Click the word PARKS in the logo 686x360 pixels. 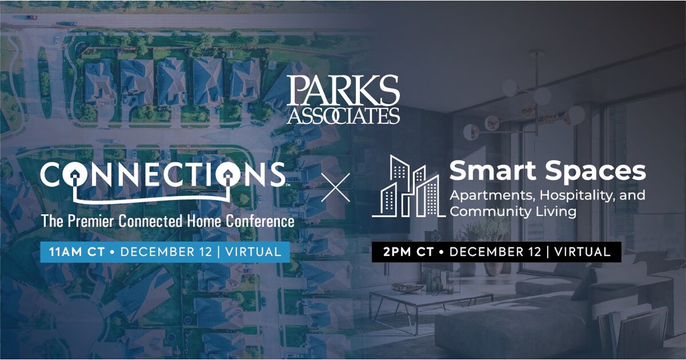[343, 90]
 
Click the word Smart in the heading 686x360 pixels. [486, 171]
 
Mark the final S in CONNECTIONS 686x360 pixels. [273, 175]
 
